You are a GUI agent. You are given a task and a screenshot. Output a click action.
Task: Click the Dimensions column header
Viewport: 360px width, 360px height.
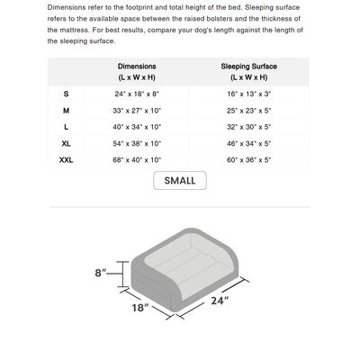click(137, 72)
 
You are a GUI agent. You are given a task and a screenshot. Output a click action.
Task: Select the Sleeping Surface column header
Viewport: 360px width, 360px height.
click(249, 72)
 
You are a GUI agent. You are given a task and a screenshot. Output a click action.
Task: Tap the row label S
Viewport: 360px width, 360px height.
click(66, 94)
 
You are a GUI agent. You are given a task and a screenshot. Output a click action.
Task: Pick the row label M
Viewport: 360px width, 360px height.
click(66, 111)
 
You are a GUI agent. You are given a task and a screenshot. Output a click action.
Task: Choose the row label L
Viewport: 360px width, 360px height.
click(66, 127)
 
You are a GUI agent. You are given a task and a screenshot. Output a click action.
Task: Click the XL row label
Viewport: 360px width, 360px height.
click(66, 143)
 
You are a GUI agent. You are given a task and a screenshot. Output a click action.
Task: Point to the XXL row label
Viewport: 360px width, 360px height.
click(66, 159)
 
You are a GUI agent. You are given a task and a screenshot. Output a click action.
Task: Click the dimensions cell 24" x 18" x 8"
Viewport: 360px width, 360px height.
click(137, 94)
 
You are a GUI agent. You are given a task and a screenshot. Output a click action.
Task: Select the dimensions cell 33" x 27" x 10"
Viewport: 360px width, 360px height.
click(137, 111)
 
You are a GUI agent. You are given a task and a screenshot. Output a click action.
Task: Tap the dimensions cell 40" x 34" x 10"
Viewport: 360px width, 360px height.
click(137, 127)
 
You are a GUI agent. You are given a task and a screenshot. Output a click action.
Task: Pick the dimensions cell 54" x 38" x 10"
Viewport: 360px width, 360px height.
click(137, 143)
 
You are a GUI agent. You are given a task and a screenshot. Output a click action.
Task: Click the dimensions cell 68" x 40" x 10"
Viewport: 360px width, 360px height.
click(137, 159)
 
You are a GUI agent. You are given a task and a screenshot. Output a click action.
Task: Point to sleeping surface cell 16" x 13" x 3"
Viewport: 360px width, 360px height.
click(249, 94)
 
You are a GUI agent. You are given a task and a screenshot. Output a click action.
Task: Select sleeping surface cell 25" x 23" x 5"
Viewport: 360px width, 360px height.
click(249, 111)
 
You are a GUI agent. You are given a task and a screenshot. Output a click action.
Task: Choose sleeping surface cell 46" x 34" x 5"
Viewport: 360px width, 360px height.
click(249, 143)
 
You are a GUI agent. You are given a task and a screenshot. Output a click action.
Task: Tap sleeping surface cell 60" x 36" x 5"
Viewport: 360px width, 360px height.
click(249, 159)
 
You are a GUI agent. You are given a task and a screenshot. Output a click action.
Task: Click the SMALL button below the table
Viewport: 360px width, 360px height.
click(180, 180)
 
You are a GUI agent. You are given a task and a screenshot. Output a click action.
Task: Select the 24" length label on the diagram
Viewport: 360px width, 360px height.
click(220, 301)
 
